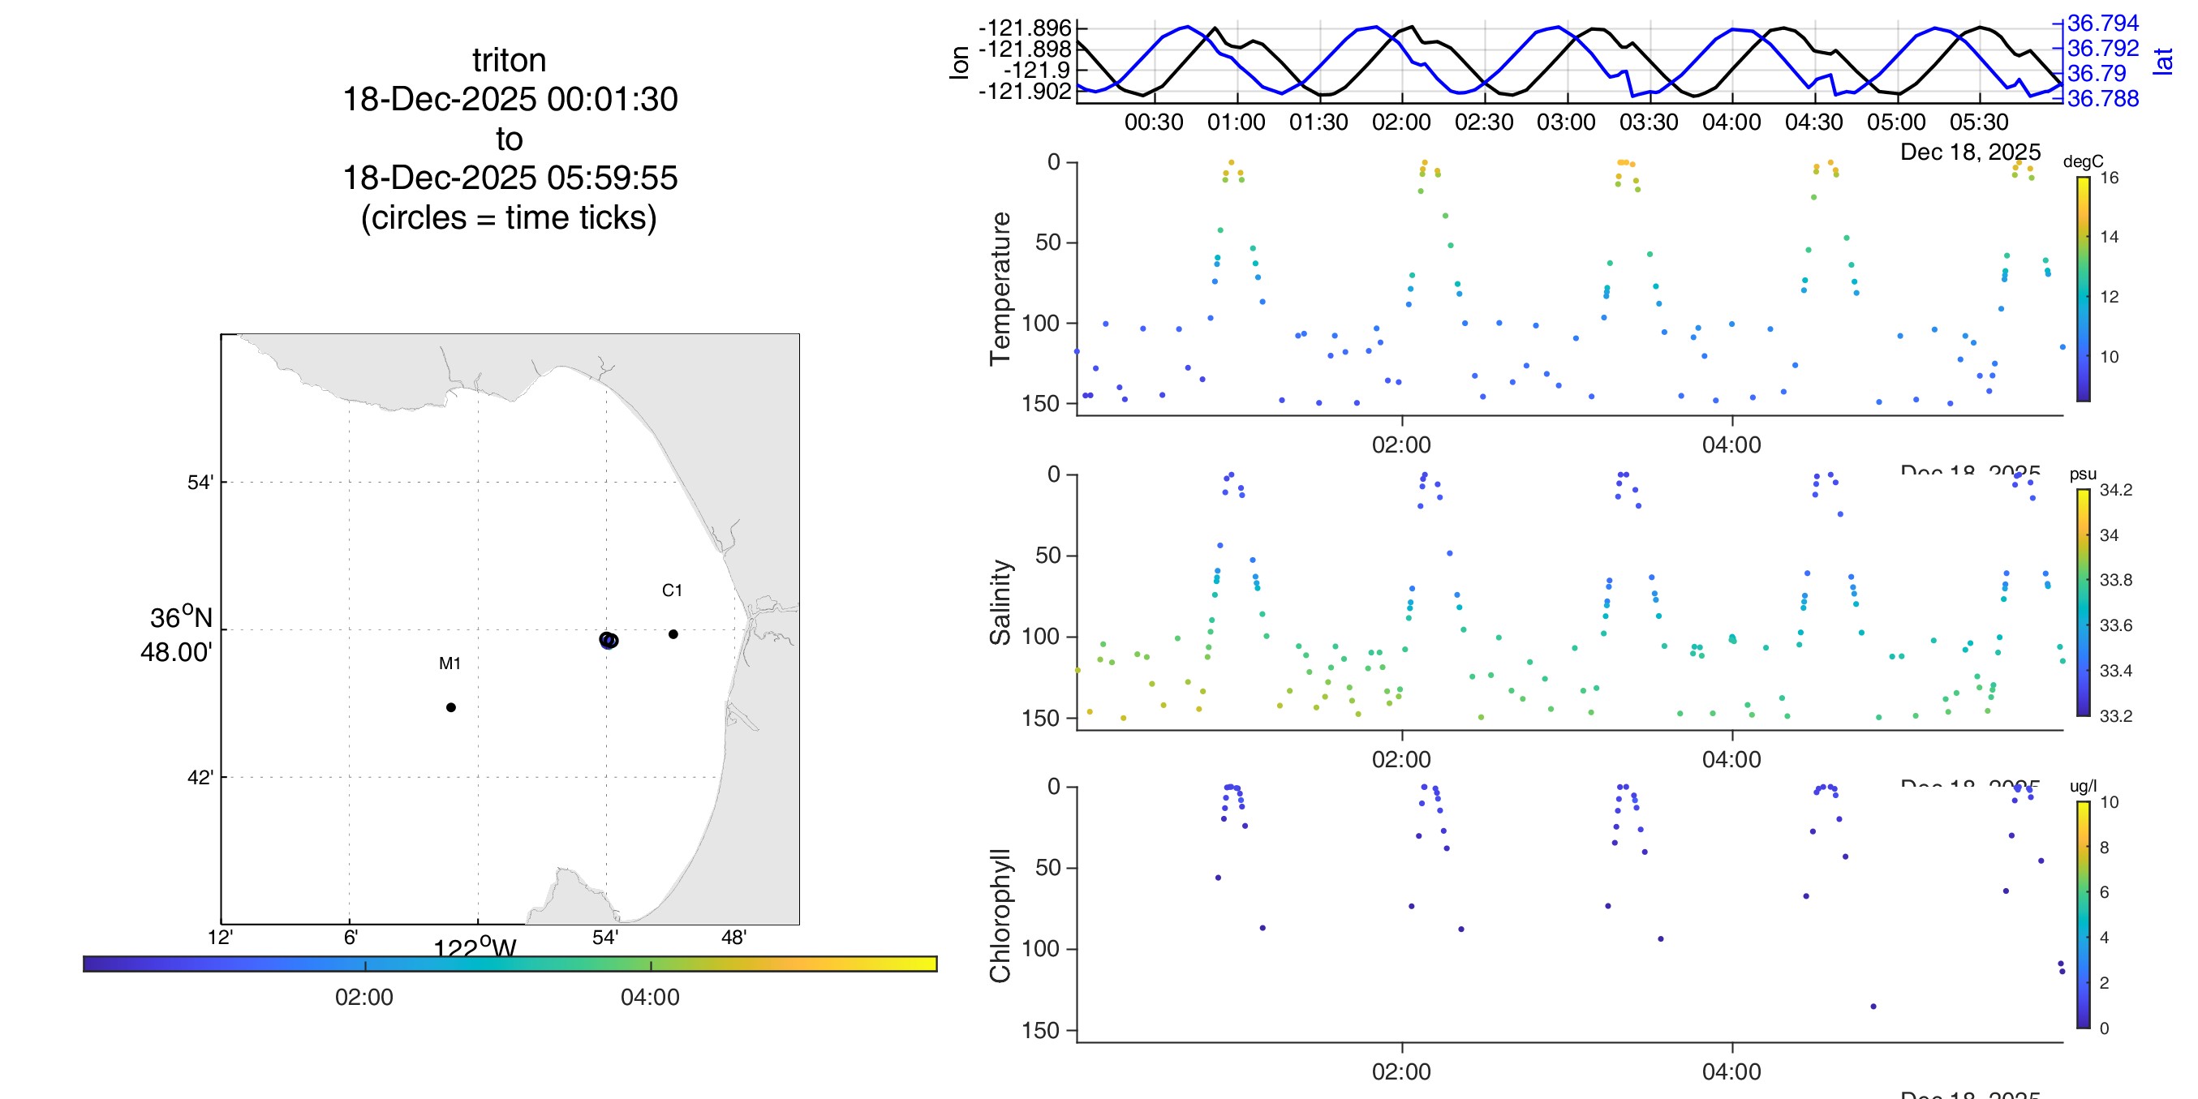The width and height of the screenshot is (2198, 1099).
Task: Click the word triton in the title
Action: pyautogui.click(x=510, y=61)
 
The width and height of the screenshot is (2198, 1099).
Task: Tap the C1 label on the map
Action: pyautogui.click(x=672, y=590)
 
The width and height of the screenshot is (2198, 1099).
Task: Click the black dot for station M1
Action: pyautogui.click(x=450, y=707)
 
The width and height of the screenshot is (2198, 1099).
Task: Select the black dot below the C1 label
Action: pyautogui.click(x=673, y=634)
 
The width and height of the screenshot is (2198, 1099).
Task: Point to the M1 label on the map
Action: pyautogui.click(x=449, y=663)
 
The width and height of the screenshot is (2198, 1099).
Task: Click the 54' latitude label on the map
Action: pyautogui.click(x=200, y=483)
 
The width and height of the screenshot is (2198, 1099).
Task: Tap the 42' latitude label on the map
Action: pyautogui.click(x=200, y=778)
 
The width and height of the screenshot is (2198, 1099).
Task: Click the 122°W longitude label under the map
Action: pyautogui.click(x=475, y=948)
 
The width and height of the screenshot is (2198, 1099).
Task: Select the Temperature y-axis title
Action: pyautogui.click(x=1000, y=289)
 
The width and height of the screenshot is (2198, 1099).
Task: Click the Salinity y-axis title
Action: pyautogui.click(x=1000, y=603)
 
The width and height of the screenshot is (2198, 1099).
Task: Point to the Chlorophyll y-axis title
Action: pyautogui.click(x=1000, y=916)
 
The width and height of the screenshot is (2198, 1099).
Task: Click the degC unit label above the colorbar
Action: pyautogui.click(x=2083, y=161)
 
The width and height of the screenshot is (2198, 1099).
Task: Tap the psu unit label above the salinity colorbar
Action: pyautogui.click(x=2083, y=474)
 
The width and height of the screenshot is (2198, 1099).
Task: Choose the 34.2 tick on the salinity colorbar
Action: pyautogui.click(x=2115, y=490)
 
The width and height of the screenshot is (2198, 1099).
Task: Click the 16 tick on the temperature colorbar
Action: pyautogui.click(x=2110, y=178)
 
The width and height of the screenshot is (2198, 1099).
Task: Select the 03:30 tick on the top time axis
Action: pyautogui.click(x=1649, y=122)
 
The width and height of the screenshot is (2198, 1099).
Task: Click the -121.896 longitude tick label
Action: pyautogui.click(x=1024, y=29)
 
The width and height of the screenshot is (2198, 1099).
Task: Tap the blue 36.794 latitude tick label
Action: pyautogui.click(x=2102, y=23)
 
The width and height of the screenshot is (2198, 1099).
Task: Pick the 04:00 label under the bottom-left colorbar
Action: pyautogui.click(x=650, y=998)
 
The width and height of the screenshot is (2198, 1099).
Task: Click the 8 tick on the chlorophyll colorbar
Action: pyautogui.click(x=2104, y=848)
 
